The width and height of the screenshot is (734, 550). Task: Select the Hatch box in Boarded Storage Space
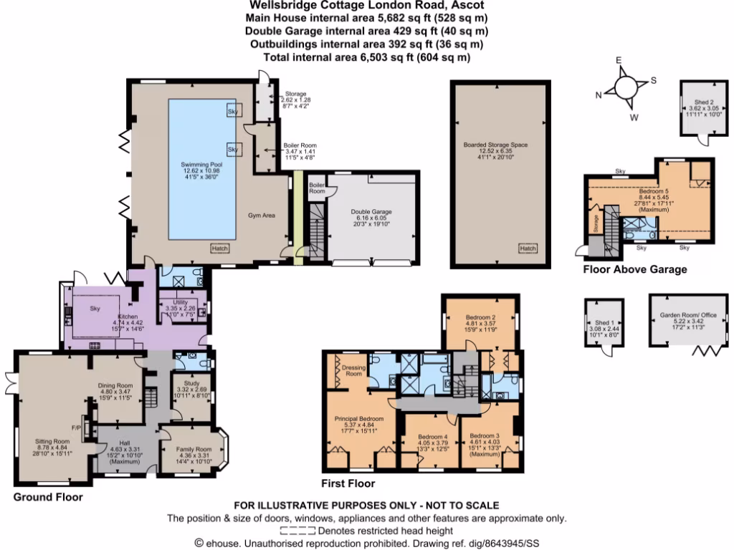pos(528,249)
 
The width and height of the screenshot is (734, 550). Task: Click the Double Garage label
pos(371,211)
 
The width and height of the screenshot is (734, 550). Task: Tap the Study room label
pos(191,383)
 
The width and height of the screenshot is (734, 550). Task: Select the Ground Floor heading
pos(48,496)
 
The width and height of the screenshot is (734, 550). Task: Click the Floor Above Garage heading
pos(634,270)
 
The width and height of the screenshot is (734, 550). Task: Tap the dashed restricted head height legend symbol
pos(297,531)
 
